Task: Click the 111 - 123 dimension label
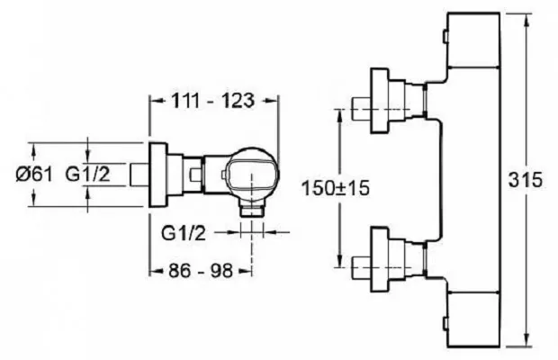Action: pyautogui.click(x=213, y=101)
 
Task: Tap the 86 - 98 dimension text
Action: pyautogui.click(x=201, y=271)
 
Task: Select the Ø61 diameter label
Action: pyautogui.click(x=34, y=175)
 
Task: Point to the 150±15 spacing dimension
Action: pyautogui.click(x=336, y=188)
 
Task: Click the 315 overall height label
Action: pyautogui.click(x=526, y=180)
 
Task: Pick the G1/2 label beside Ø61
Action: pyautogui.click(x=87, y=175)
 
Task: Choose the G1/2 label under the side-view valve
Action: pyautogui.click(x=184, y=233)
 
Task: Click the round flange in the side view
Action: pyautogui.click(x=157, y=175)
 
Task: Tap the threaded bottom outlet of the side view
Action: pyautogui.click(x=252, y=210)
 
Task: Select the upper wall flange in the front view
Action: pyautogui.click(x=380, y=101)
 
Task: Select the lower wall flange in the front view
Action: pyautogui.click(x=380, y=259)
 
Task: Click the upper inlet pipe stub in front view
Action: pyautogui.click(x=361, y=109)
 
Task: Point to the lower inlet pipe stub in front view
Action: pyautogui.click(x=361, y=267)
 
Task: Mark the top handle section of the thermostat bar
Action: pyautogui.click(x=472, y=40)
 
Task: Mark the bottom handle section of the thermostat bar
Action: pyautogui.click(x=472, y=319)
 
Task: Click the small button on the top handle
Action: pyautogui.click(x=445, y=37)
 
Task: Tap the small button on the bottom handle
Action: pyautogui.click(x=445, y=323)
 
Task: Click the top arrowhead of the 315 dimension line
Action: pyautogui.click(x=526, y=19)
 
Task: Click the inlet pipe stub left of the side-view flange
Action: pyautogui.click(x=139, y=175)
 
